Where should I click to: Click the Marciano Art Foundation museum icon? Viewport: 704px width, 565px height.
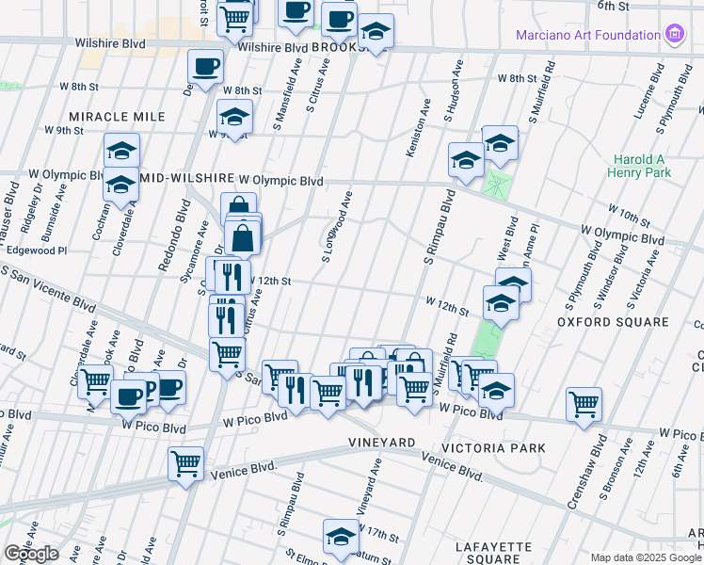(x=674, y=36)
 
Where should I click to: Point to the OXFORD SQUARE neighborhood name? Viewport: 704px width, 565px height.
(x=612, y=322)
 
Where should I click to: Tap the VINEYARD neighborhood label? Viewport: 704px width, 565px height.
(x=381, y=442)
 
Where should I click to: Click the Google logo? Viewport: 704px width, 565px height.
(x=31, y=554)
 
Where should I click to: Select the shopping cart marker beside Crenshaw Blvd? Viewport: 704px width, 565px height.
(x=584, y=404)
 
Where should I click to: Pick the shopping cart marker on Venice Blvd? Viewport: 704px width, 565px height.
(x=186, y=462)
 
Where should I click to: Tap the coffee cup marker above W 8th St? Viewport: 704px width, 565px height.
(x=206, y=66)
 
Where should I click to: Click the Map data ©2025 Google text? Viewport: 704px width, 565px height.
(x=645, y=557)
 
